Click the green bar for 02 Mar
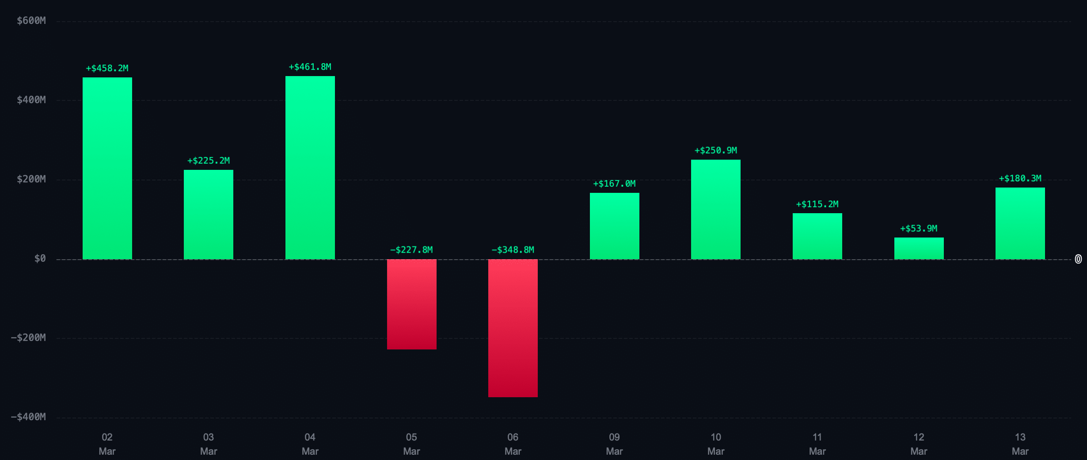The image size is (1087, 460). [107, 168]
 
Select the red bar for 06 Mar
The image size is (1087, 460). [513, 328]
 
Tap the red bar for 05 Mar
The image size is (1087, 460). [411, 304]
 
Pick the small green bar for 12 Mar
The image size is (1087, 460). [919, 248]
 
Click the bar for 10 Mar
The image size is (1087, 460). [715, 209]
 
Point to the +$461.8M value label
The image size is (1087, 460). [310, 67]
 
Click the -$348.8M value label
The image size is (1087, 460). [513, 250]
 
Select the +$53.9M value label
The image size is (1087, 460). [919, 228]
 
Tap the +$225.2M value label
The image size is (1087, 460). [209, 161]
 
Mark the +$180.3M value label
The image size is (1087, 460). [1020, 178]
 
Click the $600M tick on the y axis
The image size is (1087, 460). [31, 21]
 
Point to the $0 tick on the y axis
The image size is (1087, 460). [40, 259]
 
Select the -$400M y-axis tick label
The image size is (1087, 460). [28, 417]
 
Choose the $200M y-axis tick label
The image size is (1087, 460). [31, 179]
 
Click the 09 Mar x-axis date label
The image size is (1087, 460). [614, 444]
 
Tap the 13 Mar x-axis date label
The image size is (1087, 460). [1020, 444]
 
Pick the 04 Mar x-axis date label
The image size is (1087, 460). [310, 444]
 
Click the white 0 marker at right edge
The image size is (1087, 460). [1078, 259]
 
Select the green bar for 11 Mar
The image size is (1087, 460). [817, 236]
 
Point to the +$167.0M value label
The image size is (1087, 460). [614, 184]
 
